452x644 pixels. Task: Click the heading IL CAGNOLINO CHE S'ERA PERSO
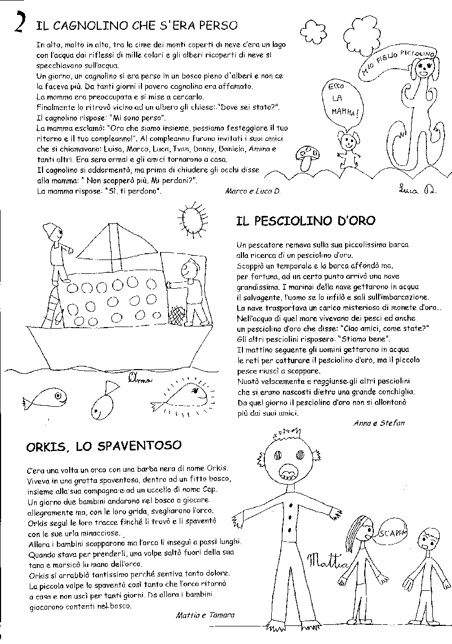(x=136, y=25)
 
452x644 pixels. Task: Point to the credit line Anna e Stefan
(x=379, y=423)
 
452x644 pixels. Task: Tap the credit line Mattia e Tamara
(x=205, y=615)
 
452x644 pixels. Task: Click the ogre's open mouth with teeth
(x=288, y=473)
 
